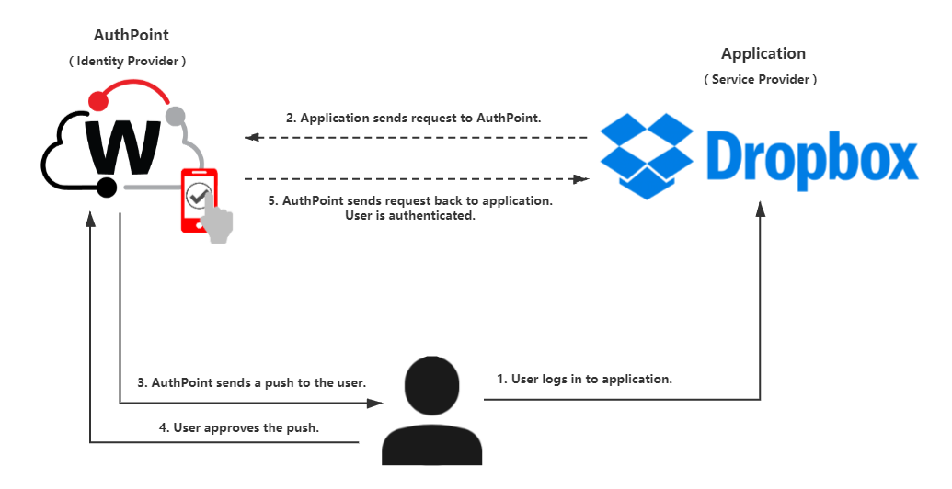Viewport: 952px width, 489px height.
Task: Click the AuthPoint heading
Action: (132, 36)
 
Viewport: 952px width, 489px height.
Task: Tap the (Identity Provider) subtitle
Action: (128, 61)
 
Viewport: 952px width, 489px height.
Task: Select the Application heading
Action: (763, 54)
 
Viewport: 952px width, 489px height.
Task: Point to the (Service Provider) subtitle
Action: (760, 80)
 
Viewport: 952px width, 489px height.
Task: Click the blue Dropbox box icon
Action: (647, 154)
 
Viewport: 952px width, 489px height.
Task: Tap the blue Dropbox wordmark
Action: (813, 157)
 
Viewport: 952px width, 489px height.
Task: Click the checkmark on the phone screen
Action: (198, 195)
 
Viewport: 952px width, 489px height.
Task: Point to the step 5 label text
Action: (410, 208)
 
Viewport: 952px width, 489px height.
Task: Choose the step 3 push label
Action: (252, 382)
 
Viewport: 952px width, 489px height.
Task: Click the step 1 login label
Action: (584, 379)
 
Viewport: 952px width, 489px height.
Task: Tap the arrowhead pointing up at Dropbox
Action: (761, 210)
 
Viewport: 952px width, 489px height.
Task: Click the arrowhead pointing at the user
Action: (375, 402)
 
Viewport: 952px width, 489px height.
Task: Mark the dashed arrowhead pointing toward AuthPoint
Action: (252, 138)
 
